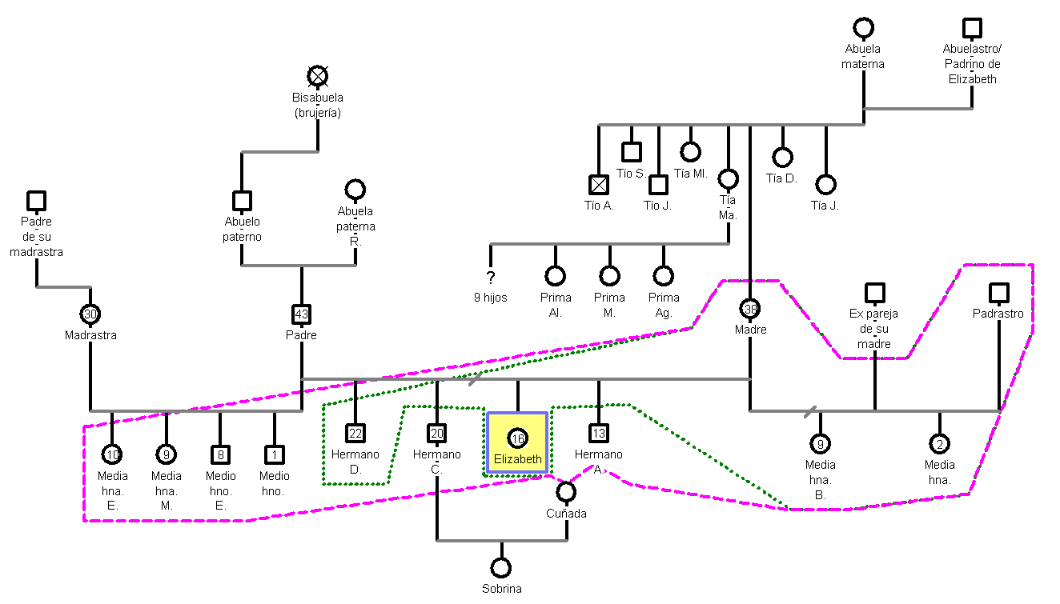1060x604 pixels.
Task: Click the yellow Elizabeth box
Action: click(x=517, y=444)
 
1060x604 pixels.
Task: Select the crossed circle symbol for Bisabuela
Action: click(x=318, y=76)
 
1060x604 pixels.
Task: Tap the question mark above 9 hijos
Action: click(x=491, y=277)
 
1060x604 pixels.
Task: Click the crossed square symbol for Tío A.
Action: click(x=599, y=185)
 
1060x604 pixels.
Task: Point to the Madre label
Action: click(x=750, y=330)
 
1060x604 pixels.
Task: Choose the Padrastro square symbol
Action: click(x=998, y=293)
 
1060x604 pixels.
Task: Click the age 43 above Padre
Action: click(x=301, y=314)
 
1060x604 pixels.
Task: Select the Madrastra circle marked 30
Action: click(x=90, y=314)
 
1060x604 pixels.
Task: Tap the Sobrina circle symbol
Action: click(x=501, y=568)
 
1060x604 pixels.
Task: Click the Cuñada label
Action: click(x=566, y=514)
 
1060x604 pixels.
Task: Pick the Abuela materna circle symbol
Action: click(x=863, y=28)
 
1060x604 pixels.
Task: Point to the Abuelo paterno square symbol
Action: click(x=242, y=201)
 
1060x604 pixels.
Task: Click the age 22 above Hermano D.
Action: click(x=355, y=434)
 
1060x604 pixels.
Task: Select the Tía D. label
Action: click(x=781, y=178)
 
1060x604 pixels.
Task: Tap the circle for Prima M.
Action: click(x=609, y=276)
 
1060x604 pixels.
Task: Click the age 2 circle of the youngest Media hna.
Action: click(x=939, y=444)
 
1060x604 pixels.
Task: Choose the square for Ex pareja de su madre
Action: click(x=874, y=293)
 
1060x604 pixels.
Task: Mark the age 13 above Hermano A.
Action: click(x=598, y=434)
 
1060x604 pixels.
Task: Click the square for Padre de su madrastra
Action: click(x=36, y=201)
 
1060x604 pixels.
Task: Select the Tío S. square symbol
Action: click(x=631, y=152)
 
